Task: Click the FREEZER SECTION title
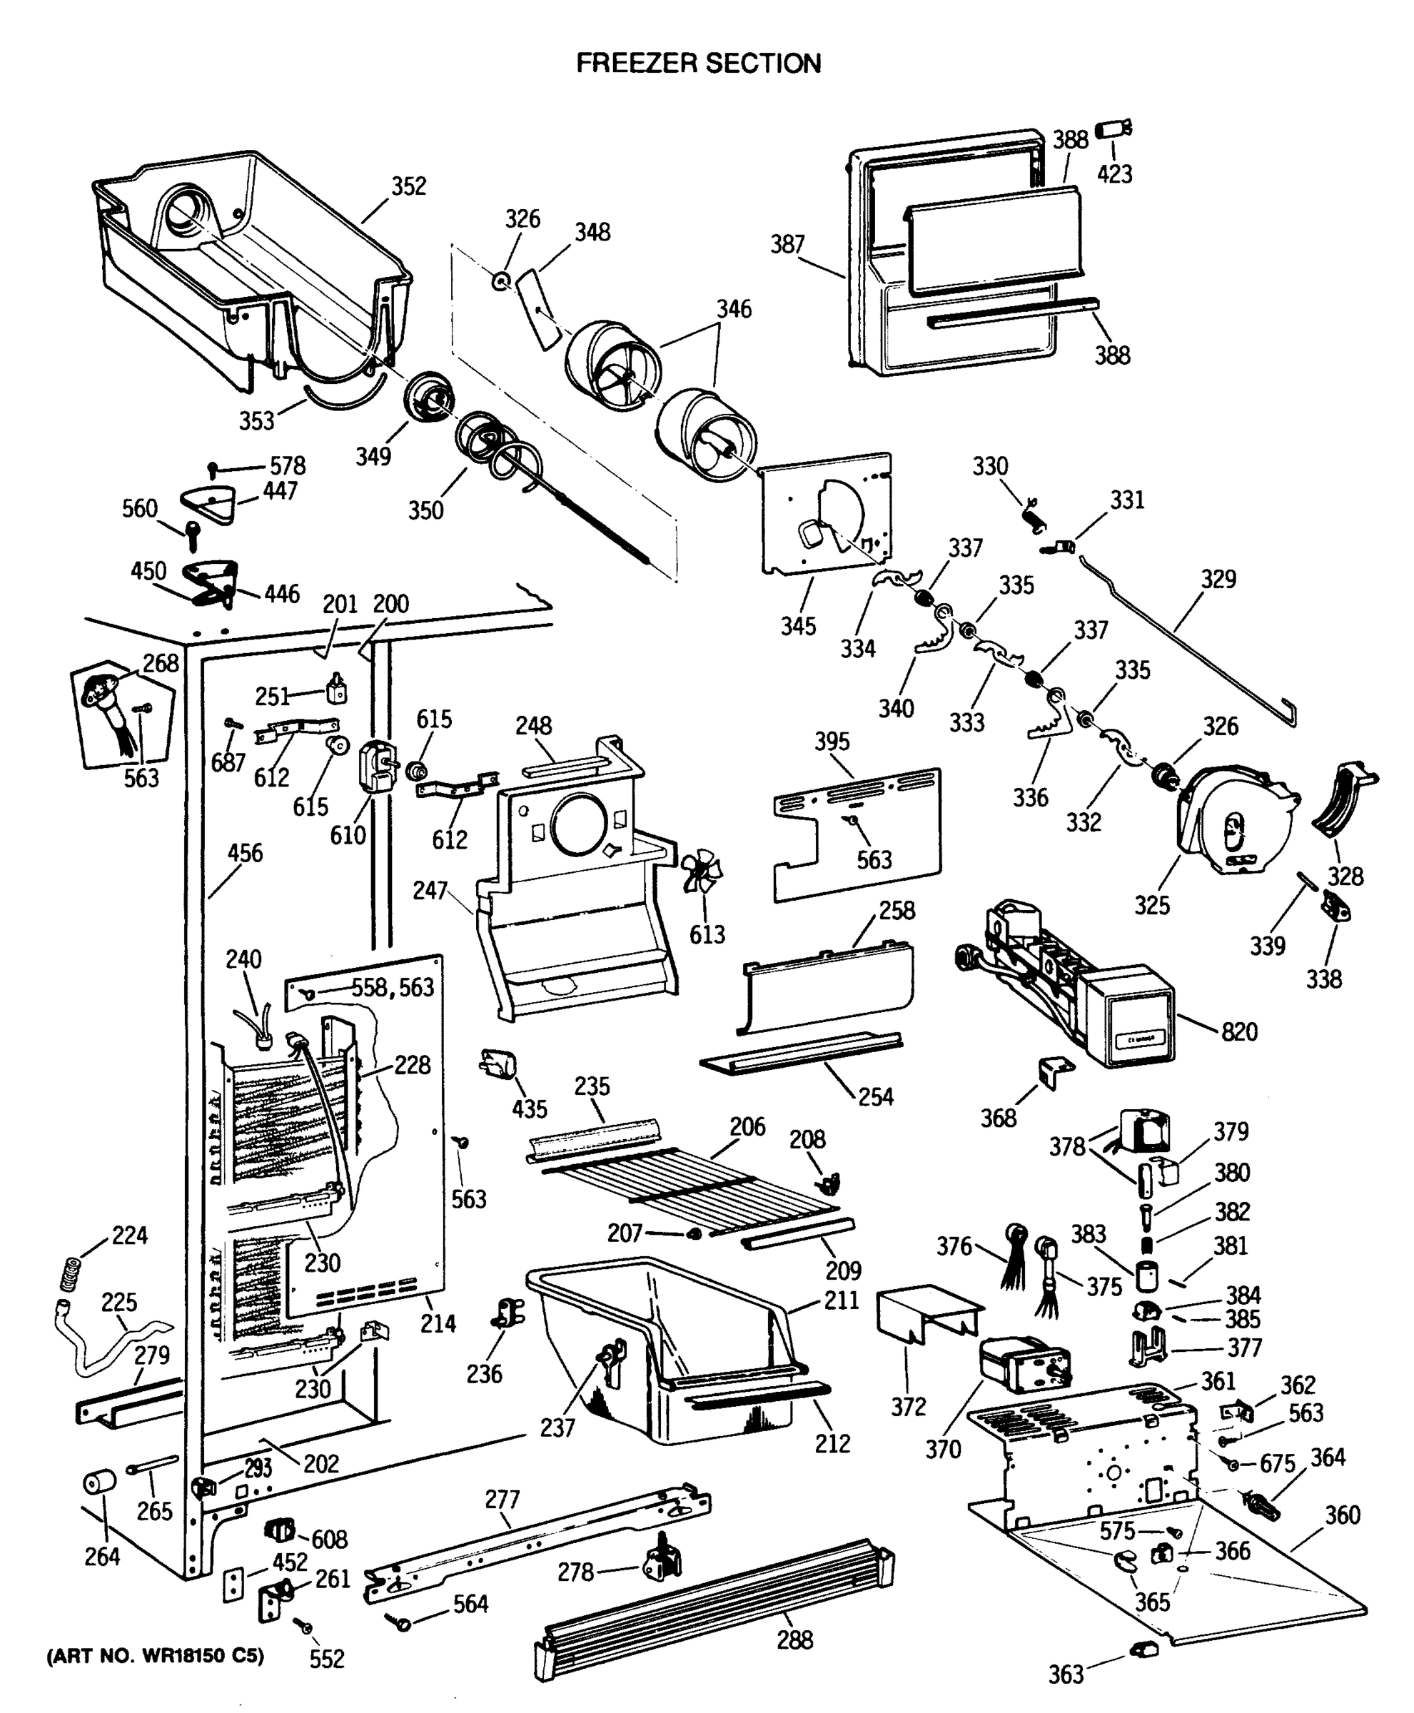[x=698, y=63]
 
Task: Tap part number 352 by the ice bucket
[x=408, y=186]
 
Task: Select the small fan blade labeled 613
[x=702, y=872]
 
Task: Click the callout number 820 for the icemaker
[x=1239, y=1032]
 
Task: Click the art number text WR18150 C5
[x=156, y=1656]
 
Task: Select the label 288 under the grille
[x=794, y=1639]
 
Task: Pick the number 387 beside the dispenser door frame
[x=787, y=244]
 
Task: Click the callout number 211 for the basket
[x=842, y=1300]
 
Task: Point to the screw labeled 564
[x=403, y=1624]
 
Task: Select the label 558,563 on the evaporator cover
[x=393, y=987]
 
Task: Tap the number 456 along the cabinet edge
[x=244, y=853]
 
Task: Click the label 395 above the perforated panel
[x=832, y=742]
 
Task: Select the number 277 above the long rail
[x=502, y=1499]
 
